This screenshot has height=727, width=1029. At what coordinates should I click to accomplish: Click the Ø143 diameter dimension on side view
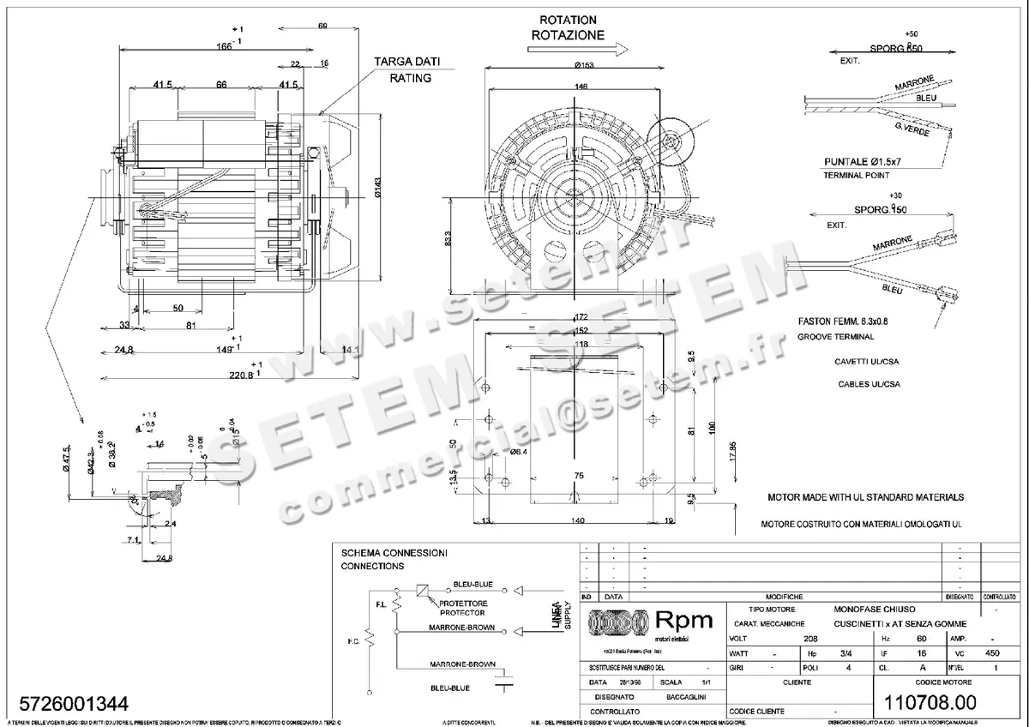[378, 192]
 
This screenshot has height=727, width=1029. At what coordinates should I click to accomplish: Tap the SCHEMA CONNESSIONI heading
[394, 553]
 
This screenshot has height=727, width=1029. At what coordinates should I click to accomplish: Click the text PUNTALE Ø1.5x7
[867, 161]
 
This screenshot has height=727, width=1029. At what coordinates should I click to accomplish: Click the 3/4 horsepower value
[822, 652]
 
